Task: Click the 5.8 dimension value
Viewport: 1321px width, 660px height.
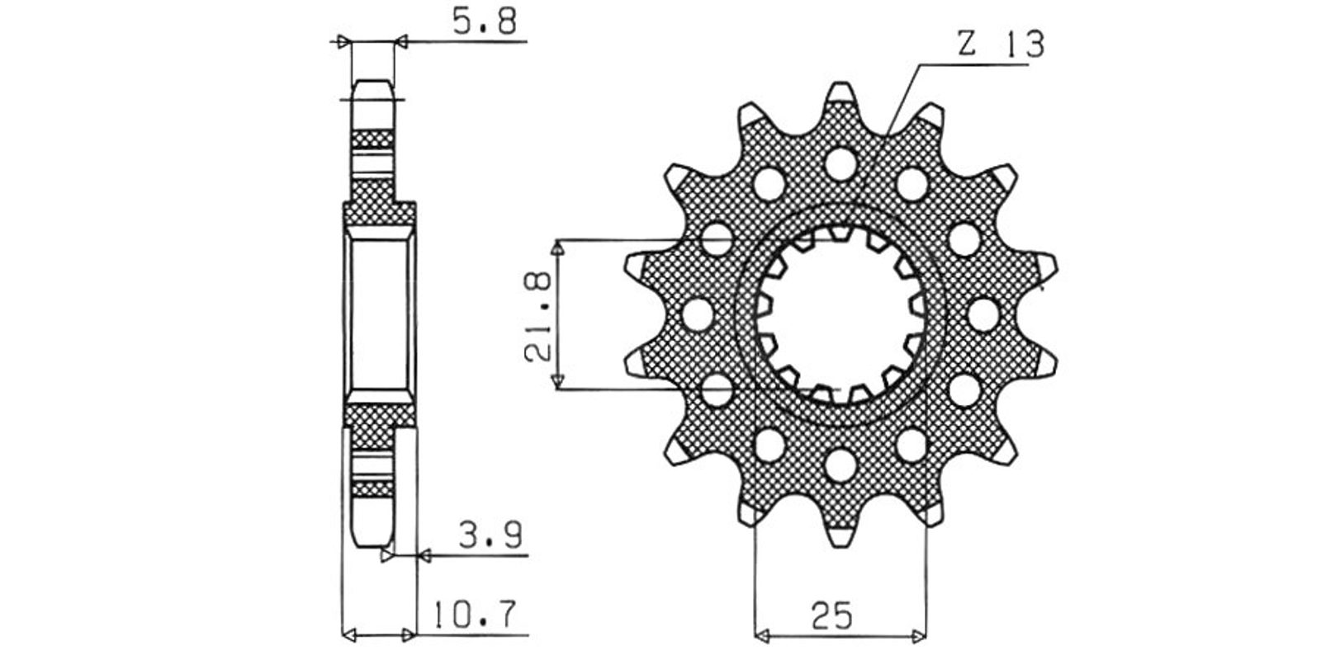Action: tap(484, 21)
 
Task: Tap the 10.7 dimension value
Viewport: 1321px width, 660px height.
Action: tap(476, 615)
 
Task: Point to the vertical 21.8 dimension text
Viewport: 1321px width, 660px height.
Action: tap(537, 316)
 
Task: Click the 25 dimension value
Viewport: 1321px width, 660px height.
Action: tap(832, 615)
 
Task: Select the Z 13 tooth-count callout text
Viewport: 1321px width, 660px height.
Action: tap(1000, 44)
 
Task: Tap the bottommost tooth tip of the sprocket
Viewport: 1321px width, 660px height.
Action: tap(840, 545)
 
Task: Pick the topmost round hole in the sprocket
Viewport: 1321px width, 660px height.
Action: tap(840, 164)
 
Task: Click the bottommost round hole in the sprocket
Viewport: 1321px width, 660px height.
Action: tap(840, 465)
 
